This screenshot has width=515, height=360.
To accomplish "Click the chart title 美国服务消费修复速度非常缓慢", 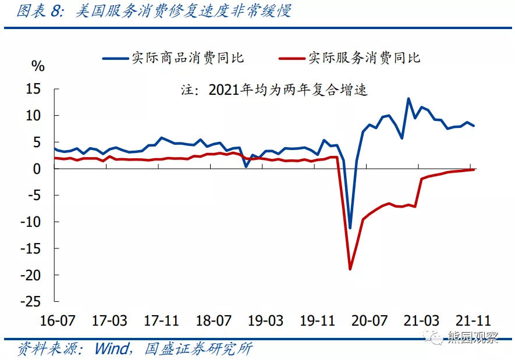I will pyautogui.click(x=183, y=11).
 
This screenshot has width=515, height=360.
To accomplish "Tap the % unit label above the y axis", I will pyautogui.click(x=38, y=66).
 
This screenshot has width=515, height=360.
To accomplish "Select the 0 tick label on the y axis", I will pyautogui.click(x=38, y=169).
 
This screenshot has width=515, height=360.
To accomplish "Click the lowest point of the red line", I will pyautogui.click(x=350, y=269).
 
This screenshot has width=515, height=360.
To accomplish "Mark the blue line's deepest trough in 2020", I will pyautogui.click(x=350, y=228).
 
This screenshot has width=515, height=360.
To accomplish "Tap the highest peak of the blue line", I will pyautogui.click(x=409, y=98).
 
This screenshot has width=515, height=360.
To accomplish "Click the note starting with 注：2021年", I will pyautogui.click(x=274, y=90).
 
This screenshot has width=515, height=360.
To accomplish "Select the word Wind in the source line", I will pyautogui.click(x=112, y=348).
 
